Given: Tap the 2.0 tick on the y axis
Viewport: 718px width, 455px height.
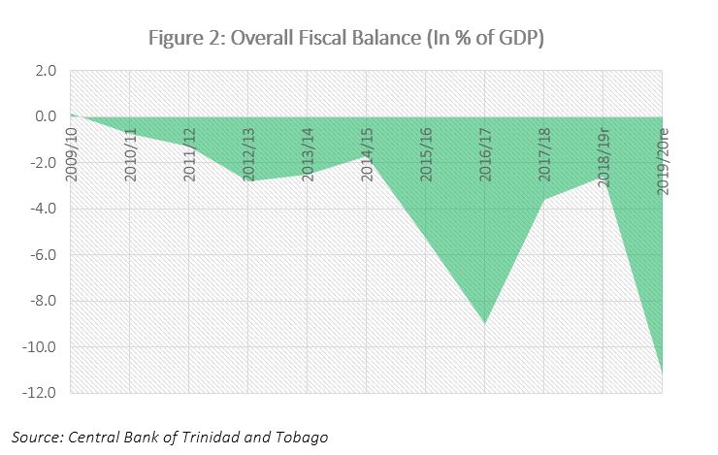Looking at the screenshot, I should coord(45,71).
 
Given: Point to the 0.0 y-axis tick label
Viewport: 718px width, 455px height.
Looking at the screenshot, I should coord(45,116).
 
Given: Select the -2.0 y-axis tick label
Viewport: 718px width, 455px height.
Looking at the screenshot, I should coord(43,163).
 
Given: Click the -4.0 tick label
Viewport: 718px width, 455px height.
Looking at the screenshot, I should coord(43,209).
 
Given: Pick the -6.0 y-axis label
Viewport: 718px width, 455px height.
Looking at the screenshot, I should coord(43,255).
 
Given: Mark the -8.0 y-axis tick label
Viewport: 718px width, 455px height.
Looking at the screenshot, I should coord(43,301).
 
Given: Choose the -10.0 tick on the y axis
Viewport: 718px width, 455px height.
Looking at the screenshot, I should coord(40,347).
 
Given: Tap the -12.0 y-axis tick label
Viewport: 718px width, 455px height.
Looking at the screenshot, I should coord(40,393).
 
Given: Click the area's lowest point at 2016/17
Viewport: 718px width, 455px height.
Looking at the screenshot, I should coord(485,323).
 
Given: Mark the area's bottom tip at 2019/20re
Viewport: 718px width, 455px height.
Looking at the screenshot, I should coord(662,374).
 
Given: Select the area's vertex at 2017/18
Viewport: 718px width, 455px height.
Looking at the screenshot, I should coord(544,200).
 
